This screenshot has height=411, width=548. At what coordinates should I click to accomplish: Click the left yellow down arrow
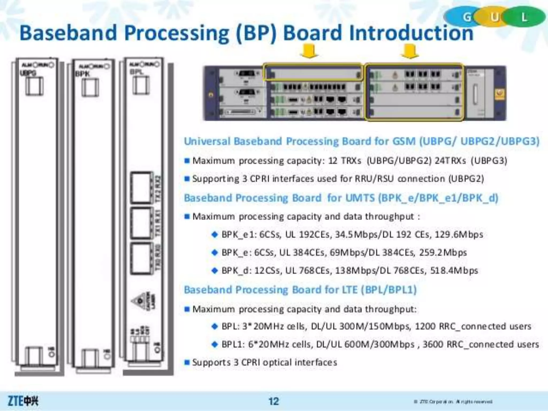(x=310, y=51)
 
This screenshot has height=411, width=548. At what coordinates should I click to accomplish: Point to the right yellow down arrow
(x=410, y=51)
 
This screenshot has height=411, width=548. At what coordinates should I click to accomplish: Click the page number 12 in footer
(x=273, y=401)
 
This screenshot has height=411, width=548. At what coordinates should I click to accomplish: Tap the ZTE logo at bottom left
(x=23, y=401)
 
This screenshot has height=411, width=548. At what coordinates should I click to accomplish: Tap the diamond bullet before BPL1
(x=215, y=344)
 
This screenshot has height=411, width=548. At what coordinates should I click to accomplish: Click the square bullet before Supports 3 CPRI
(x=187, y=363)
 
